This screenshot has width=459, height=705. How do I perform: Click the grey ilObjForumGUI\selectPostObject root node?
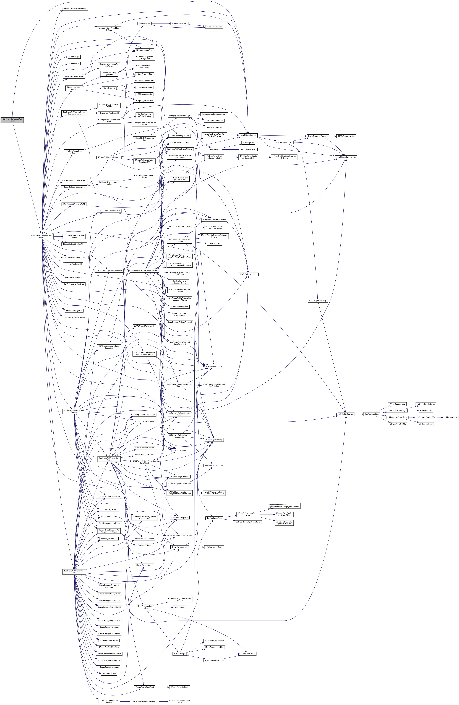(12, 120)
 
